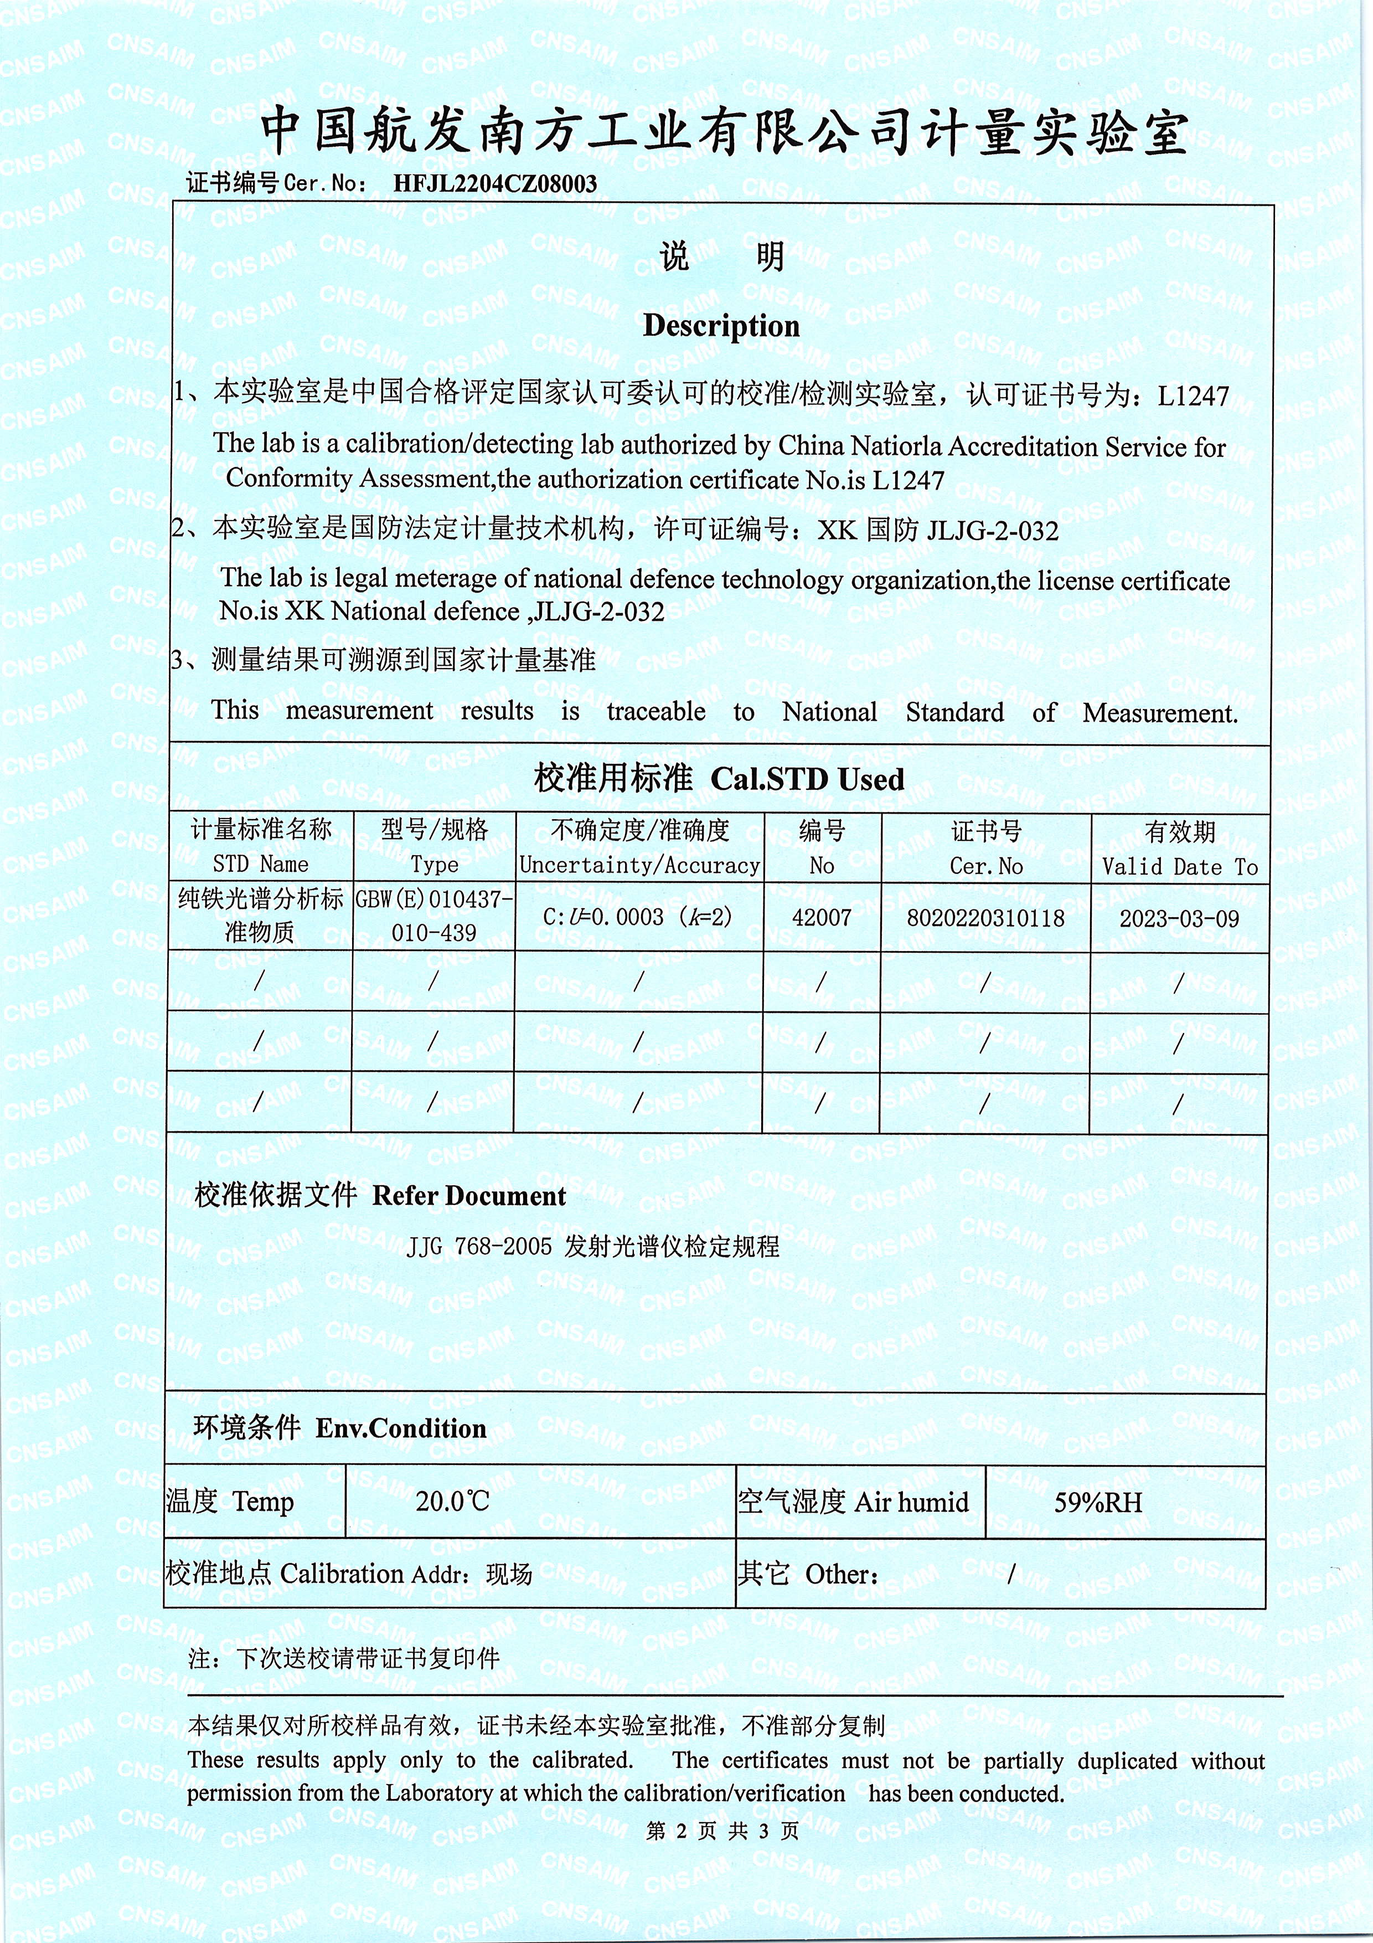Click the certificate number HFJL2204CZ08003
click(x=495, y=184)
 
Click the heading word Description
click(x=721, y=326)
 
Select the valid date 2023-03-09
click(x=1179, y=919)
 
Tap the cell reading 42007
click(x=822, y=917)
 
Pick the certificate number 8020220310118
click(x=985, y=918)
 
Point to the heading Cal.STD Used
click(x=807, y=779)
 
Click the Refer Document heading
click(x=469, y=1196)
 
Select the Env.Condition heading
click(x=401, y=1428)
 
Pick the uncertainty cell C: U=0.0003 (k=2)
click(x=638, y=917)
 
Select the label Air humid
click(x=911, y=1502)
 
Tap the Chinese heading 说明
click(x=721, y=256)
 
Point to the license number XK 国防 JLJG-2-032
click(x=937, y=531)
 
